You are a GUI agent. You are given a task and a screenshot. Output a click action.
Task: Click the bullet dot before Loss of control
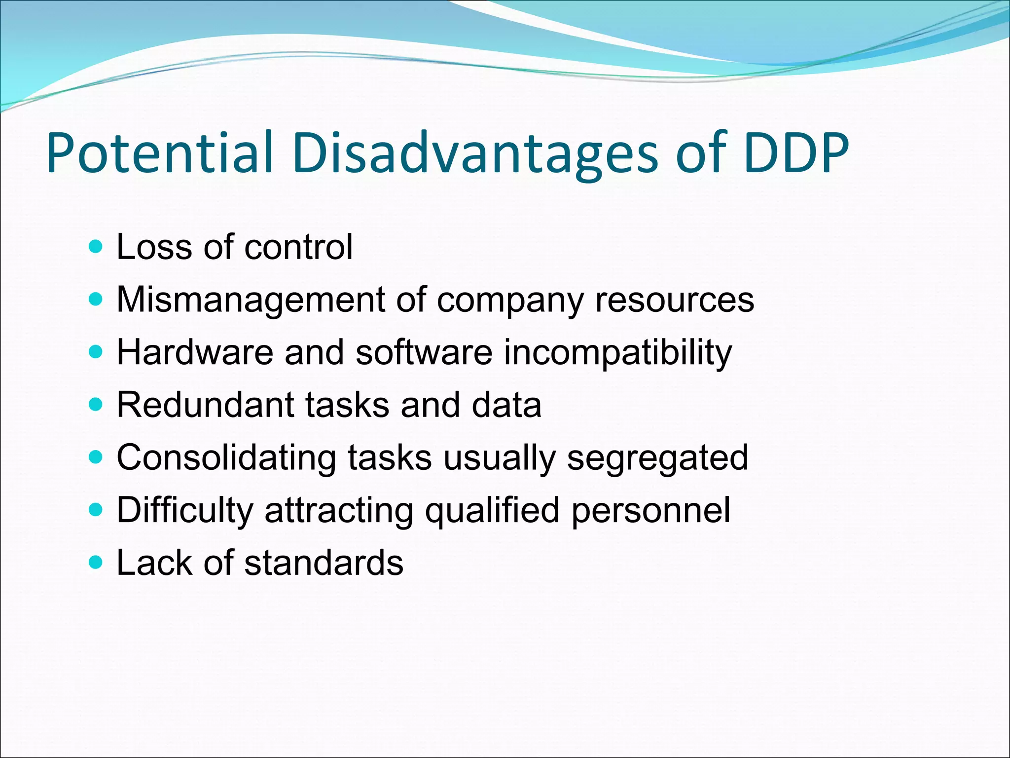[x=96, y=246]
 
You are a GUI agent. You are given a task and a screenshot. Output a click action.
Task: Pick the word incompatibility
[x=617, y=352]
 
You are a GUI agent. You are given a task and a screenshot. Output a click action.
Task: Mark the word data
[x=506, y=405]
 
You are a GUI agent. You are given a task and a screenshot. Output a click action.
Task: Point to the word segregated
[x=657, y=457]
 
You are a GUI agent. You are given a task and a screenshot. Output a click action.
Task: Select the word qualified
[x=492, y=510]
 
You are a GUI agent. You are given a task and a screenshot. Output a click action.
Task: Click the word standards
[x=324, y=563]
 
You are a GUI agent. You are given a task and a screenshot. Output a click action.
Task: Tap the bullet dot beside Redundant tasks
[x=96, y=405]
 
